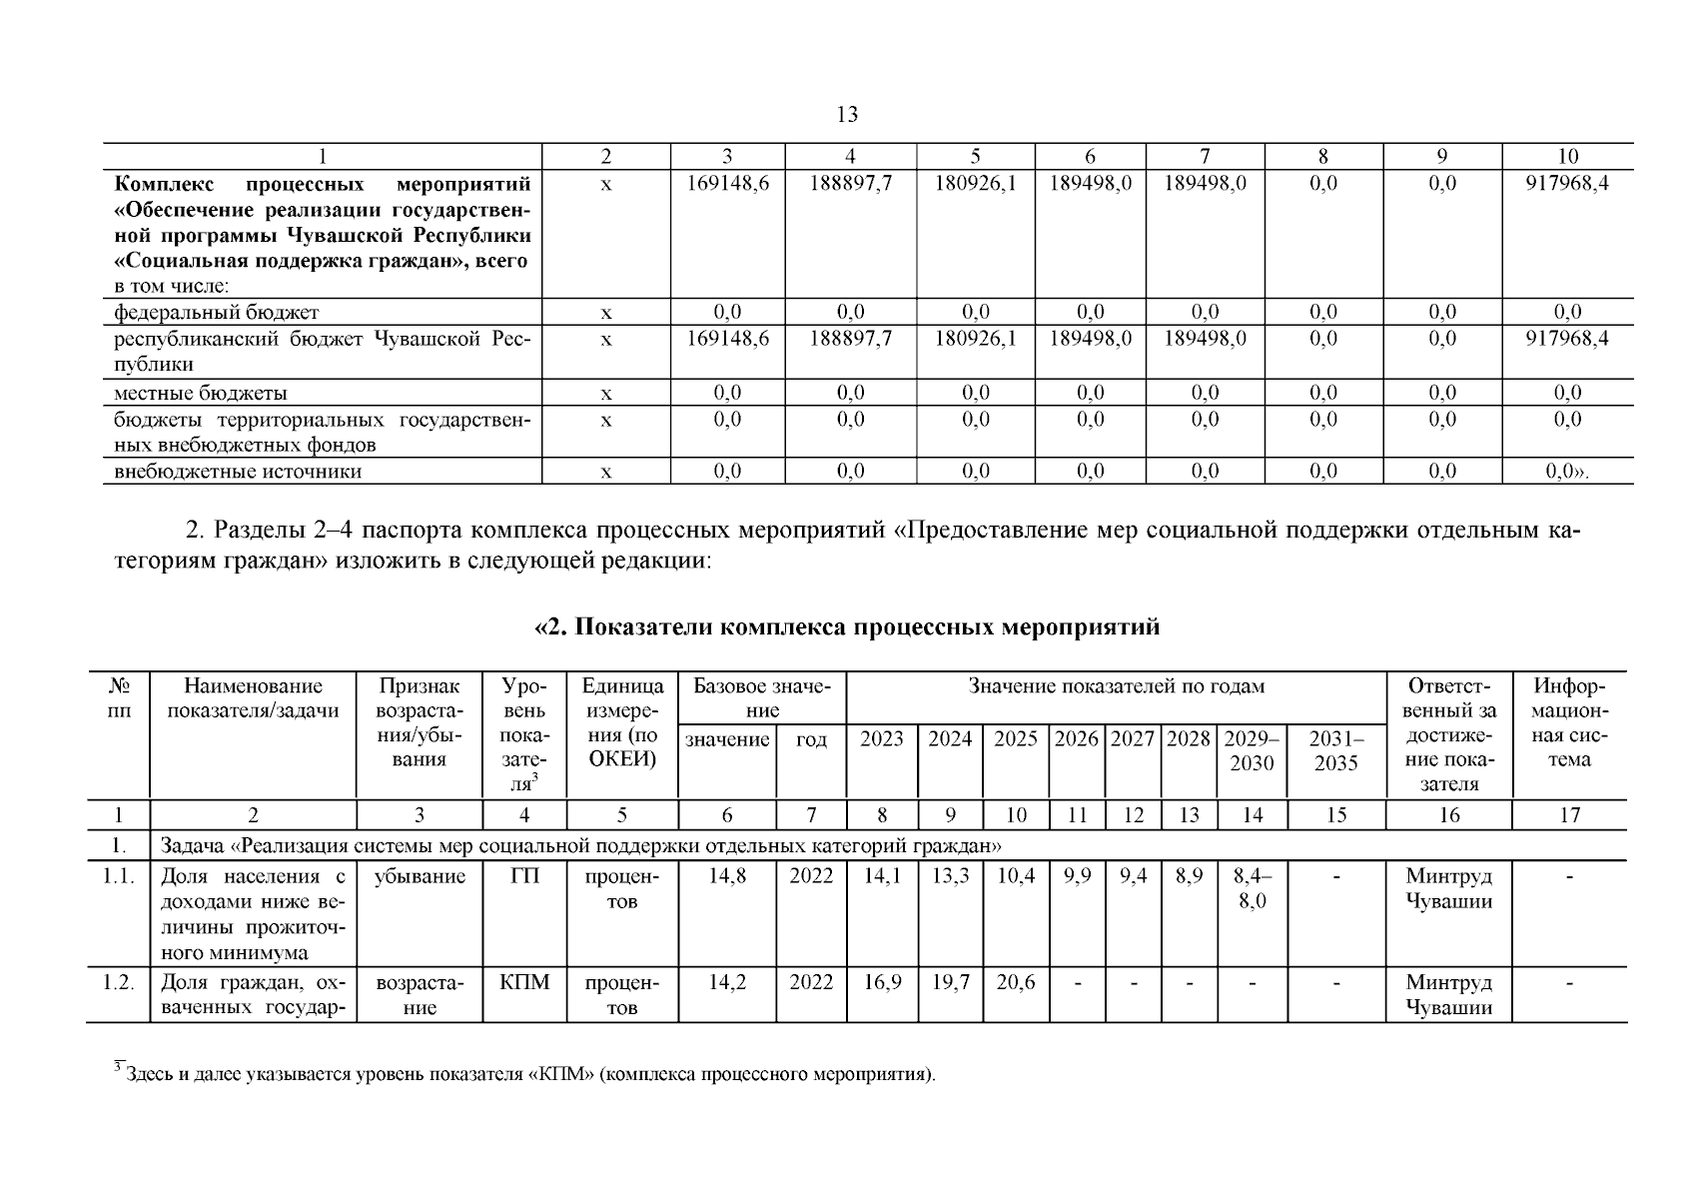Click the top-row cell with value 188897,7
click(x=850, y=184)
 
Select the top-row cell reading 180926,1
click(x=975, y=184)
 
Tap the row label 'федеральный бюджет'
click(x=217, y=312)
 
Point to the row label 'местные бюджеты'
click(x=201, y=393)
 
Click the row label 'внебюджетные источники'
click(x=238, y=471)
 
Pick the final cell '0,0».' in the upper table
click(x=1567, y=471)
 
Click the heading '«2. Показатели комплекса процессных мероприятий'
click(x=847, y=627)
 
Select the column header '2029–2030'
click(x=1252, y=750)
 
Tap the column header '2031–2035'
click(x=1336, y=750)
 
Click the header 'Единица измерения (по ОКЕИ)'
click(x=622, y=723)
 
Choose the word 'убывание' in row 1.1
click(x=420, y=876)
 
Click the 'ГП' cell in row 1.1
click(x=524, y=876)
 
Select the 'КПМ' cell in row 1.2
click(x=524, y=982)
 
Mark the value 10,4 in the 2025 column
click(x=1015, y=876)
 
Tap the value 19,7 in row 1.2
click(x=950, y=982)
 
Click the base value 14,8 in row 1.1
click(x=727, y=876)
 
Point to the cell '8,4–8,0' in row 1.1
click(x=1252, y=888)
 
